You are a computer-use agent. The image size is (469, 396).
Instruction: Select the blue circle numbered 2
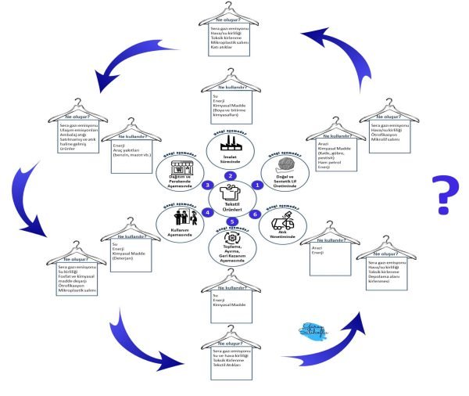pos(231,176)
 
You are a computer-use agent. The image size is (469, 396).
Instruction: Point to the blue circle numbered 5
pos(231,222)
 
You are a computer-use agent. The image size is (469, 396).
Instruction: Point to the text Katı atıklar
pos(224,46)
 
